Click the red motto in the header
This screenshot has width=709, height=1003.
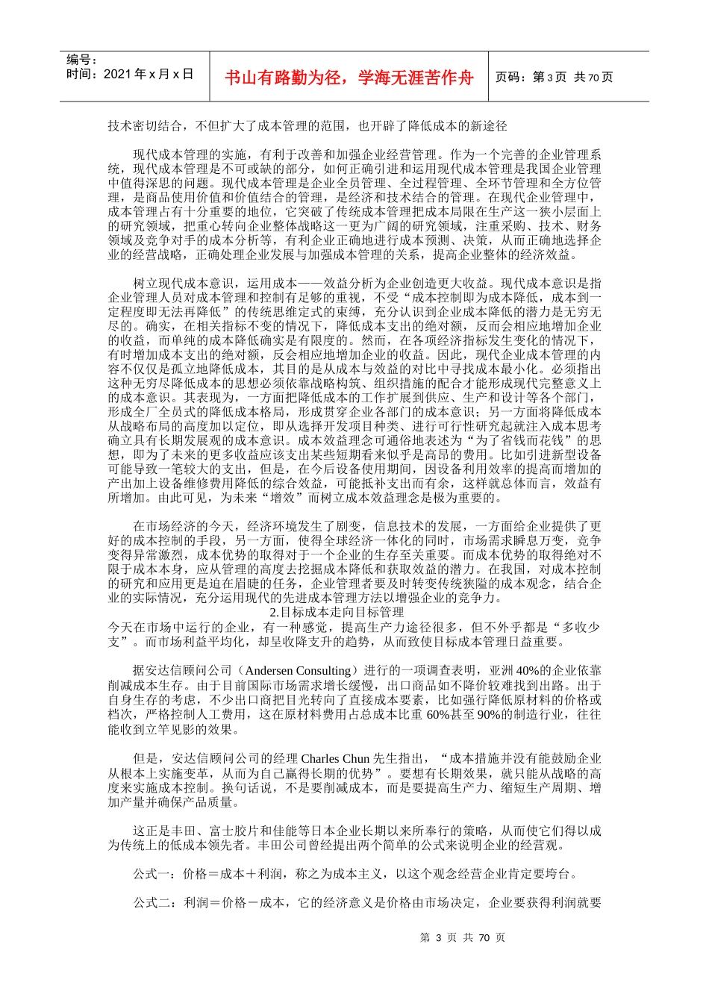coord(349,77)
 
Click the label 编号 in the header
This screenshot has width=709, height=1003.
coord(81,60)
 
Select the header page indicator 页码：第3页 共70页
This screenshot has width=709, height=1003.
coord(554,77)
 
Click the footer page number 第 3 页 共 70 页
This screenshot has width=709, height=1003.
coord(463,938)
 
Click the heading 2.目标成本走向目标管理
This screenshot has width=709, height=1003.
coord(336,613)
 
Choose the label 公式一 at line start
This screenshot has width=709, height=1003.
coord(154,874)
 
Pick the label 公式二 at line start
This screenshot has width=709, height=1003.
coord(154,903)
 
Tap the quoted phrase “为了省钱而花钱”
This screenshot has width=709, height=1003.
coord(515,440)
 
